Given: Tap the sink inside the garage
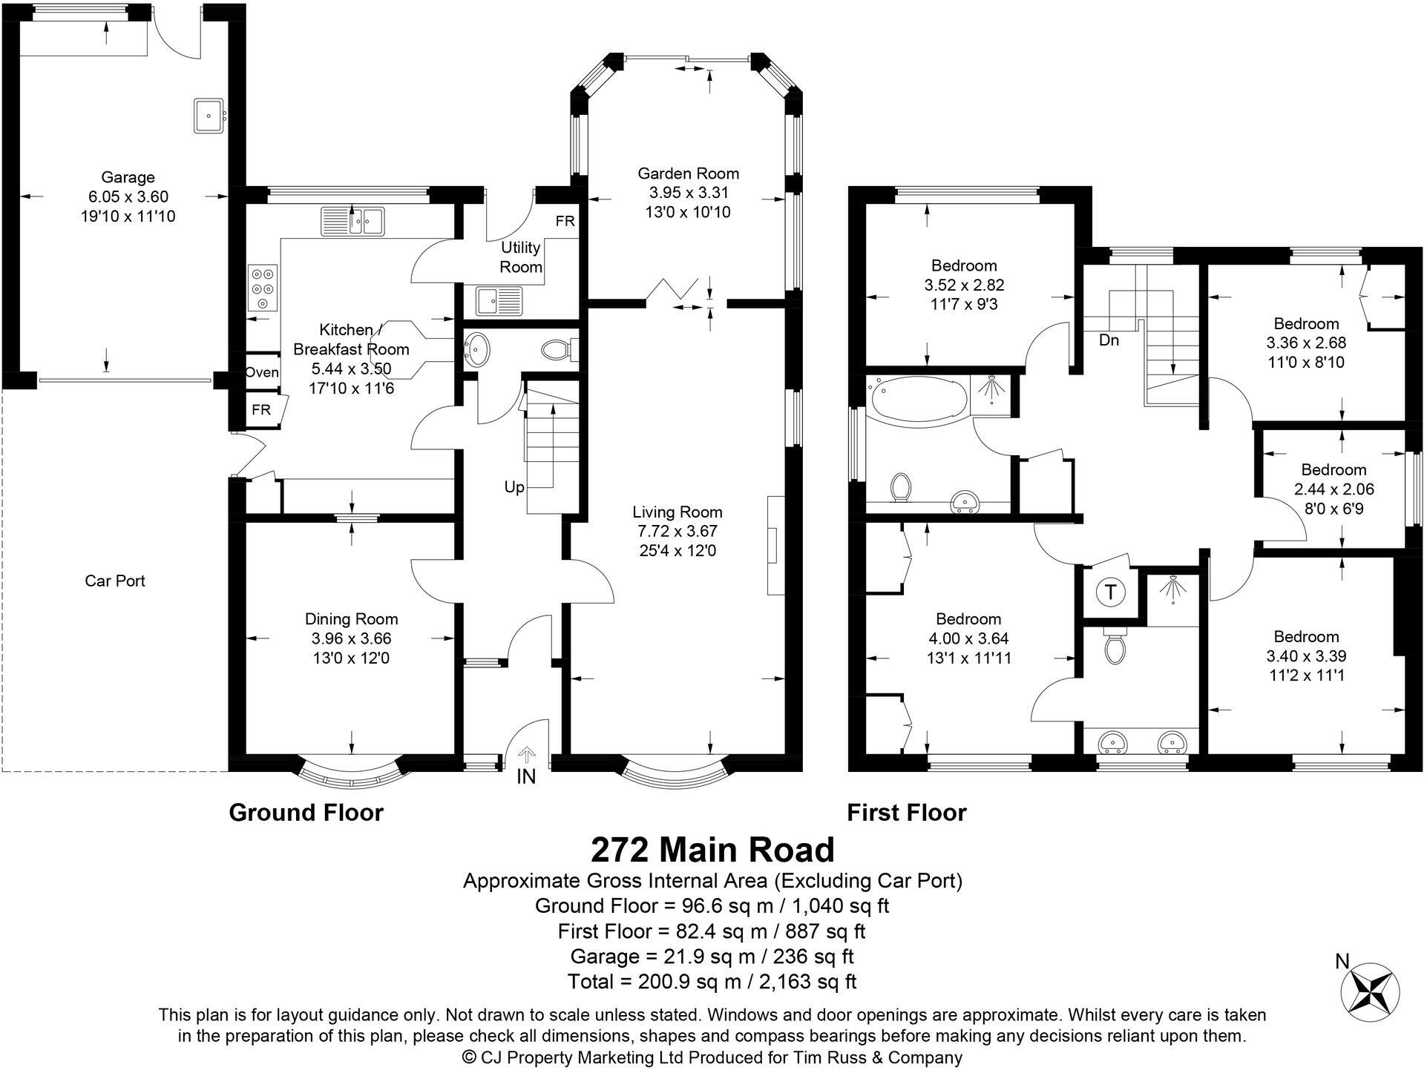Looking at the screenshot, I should click(210, 116).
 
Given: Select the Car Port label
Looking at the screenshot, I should click(114, 581).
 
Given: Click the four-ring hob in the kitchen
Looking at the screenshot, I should click(263, 288).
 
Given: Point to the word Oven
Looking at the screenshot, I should click(262, 373).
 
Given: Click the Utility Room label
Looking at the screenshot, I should click(520, 257).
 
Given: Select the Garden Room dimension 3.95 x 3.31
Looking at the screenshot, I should click(688, 193).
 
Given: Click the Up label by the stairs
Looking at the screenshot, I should click(514, 487).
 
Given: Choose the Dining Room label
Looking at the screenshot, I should click(351, 619).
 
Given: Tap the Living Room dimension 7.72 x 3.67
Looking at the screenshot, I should click(677, 532).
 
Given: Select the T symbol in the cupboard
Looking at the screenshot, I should click(1110, 592).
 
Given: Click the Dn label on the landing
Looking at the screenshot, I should click(1109, 340).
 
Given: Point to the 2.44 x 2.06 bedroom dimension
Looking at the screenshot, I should click(1333, 489).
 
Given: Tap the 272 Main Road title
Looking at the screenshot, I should click(712, 850).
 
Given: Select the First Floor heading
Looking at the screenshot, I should click(907, 813).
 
